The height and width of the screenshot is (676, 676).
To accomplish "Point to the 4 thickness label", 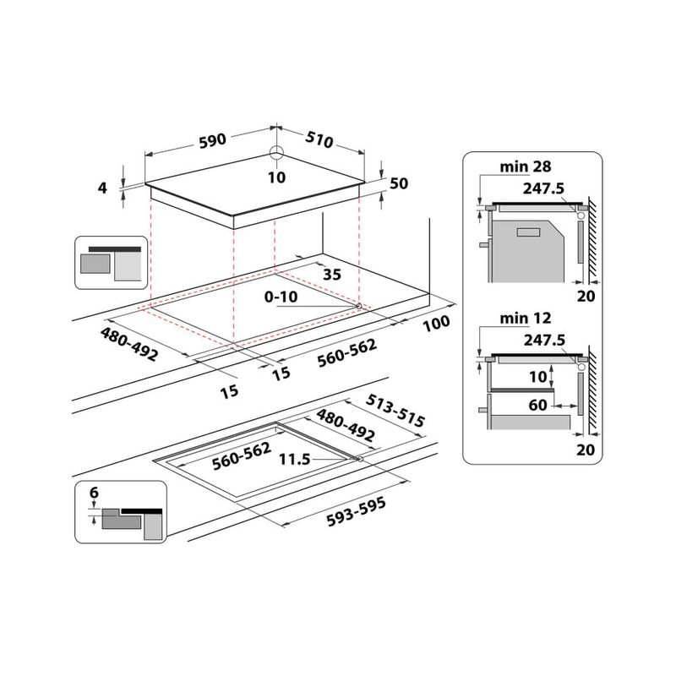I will pyautogui.click(x=103, y=188).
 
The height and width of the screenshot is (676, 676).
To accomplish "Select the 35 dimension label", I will pyautogui.click(x=332, y=274).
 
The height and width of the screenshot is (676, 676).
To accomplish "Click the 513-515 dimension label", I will pyautogui.click(x=396, y=409).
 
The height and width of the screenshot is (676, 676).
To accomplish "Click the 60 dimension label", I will pyautogui.click(x=538, y=406).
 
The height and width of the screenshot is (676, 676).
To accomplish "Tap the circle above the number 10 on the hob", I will pyautogui.click(x=275, y=155).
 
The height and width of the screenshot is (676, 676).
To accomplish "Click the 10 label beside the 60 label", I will pyautogui.click(x=538, y=376).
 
